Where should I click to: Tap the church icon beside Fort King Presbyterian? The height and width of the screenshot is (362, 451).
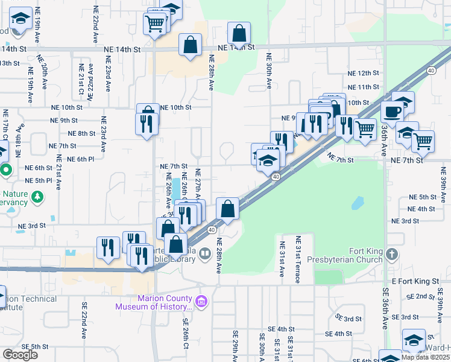393,255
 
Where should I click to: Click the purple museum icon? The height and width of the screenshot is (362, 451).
201,300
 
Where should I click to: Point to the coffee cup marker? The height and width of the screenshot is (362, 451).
392,112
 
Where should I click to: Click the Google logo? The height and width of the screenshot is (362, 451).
20,354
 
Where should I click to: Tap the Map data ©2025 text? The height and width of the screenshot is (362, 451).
425,357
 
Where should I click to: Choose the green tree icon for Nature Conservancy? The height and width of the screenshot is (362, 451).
37,197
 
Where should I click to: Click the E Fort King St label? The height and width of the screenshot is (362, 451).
413,281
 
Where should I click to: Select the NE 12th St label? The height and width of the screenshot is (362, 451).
362,73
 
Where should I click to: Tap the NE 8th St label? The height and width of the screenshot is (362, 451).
81,133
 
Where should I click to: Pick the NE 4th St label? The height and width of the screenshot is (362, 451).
422,209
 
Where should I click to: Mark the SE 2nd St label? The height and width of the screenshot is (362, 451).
420,296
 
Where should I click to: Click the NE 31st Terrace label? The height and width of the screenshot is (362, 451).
298,255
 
